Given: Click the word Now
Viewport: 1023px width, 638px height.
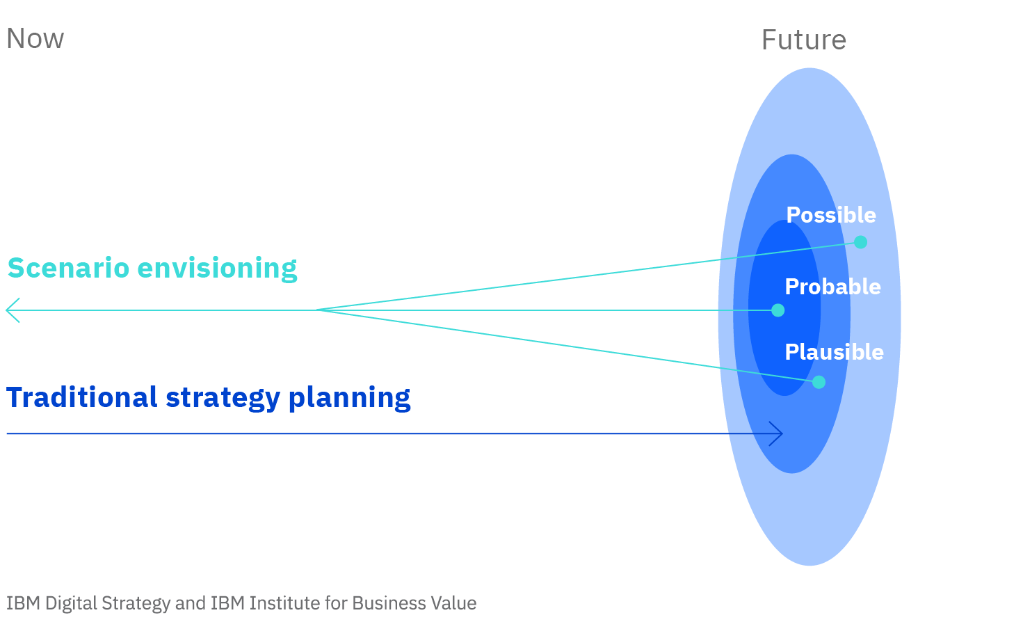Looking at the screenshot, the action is click(x=35, y=38).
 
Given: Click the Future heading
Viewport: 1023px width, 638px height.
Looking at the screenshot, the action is click(x=804, y=40).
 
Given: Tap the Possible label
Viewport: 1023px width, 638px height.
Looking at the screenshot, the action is click(x=831, y=215).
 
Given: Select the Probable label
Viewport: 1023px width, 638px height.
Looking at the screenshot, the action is click(x=833, y=287).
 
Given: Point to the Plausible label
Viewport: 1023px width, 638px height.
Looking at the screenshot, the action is click(x=835, y=352).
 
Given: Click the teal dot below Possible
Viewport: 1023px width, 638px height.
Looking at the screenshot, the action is click(x=860, y=242).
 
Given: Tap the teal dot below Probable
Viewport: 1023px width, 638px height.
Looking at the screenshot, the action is click(x=778, y=310).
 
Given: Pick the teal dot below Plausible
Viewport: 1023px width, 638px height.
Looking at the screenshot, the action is click(x=819, y=382).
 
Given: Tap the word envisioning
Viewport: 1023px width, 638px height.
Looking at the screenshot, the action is click(x=218, y=269).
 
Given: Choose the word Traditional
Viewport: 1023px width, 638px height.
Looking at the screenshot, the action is click(x=82, y=397).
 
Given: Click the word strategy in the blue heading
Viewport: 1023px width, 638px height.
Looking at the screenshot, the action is click(x=223, y=399).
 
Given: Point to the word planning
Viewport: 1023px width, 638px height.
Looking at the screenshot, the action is click(x=349, y=399).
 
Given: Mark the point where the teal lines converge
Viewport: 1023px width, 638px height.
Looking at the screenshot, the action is click(x=317, y=310).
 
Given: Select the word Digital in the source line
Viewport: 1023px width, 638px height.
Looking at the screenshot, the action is click(x=71, y=604).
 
